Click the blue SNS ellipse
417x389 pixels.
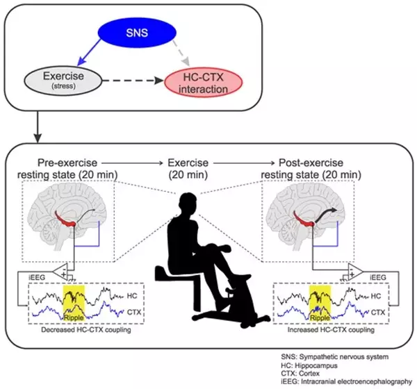(x=137, y=33)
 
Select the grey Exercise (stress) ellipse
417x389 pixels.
(x=63, y=80)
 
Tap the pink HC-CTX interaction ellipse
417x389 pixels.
(x=204, y=82)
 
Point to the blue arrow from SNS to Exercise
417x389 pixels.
(x=89, y=53)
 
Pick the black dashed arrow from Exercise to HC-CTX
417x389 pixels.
(x=133, y=81)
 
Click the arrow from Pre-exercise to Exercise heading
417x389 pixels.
(x=132, y=163)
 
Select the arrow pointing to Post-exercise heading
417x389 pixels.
(x=244, y=163)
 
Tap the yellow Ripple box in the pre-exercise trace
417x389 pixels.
(x=74, y=303)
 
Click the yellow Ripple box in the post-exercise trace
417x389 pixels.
(x=320, y=303)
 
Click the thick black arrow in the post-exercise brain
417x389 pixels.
(x=326, y=215)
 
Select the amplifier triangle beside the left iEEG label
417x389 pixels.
(x=60, y=272)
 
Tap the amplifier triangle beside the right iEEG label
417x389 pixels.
(x=355, y=272)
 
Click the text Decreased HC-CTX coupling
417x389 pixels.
(x=86, y=330)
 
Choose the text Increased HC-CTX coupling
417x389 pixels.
(x=331, y=330)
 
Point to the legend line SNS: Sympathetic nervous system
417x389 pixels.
(x=334, y=356)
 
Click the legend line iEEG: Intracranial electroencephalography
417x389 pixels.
(x=346, y=382)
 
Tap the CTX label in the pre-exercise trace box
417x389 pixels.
(x=134, y=312)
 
